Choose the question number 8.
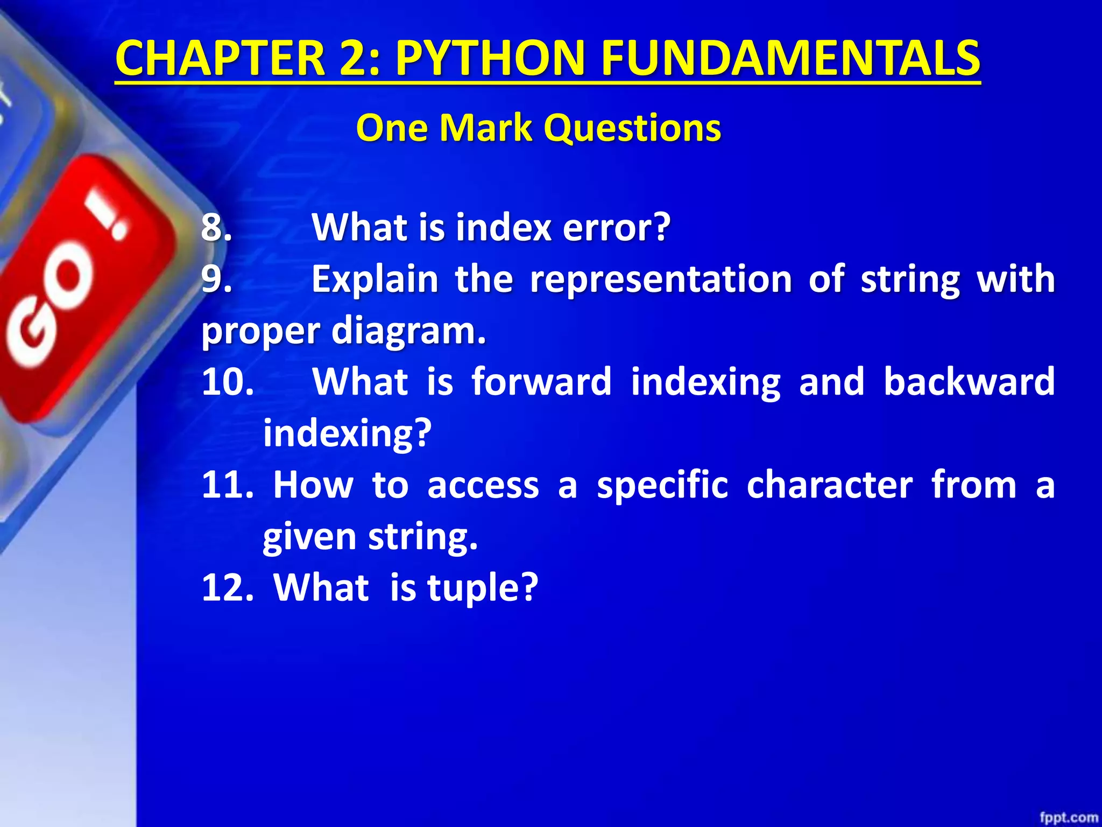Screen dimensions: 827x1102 [x=216, y=227]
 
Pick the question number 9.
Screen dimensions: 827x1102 [x=216, y=279]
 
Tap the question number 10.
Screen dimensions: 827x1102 [x=228, y=381]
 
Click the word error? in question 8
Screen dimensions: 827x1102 [x=616, y=227]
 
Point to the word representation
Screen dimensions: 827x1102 [x=661, y=279]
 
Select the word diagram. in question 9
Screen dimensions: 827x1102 [x=409, y=331]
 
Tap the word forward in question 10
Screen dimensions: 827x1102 [x=541, y=381]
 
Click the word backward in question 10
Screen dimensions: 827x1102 [x=969, y=381]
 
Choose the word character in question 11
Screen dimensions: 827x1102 [x=829, y=485]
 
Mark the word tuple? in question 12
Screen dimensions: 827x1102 [x=482, y=588]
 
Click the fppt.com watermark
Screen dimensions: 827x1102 [x=1068, y=817]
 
